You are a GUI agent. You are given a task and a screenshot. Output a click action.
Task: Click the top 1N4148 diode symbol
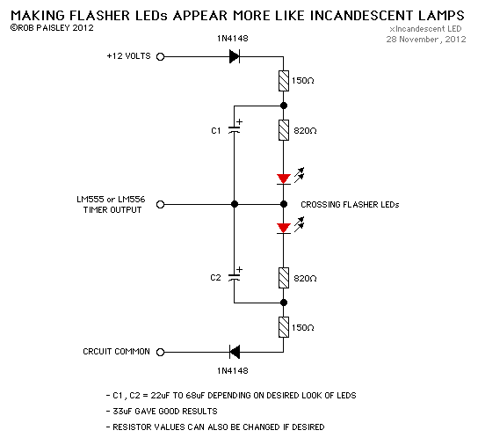click(x=234, y=56)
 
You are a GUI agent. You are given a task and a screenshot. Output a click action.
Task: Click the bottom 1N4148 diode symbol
click(x=234, y=352)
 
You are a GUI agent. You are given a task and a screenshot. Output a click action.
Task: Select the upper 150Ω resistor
click(x=283, y=82)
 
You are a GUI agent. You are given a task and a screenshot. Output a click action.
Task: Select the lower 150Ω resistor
click(x=283, y=326)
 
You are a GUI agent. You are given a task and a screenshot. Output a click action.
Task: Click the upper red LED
click(x=283, y=179)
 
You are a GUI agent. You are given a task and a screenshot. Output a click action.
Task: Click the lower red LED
click(x=283, y=229)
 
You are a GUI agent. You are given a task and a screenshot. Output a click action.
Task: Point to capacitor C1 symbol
click(x=235, y=129)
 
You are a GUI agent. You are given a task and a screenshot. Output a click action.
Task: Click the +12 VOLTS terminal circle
click(x=161, y=56)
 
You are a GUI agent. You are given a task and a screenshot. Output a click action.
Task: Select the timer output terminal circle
click(x=161, y=204)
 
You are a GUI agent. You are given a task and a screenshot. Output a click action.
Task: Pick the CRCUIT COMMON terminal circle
click(x=161, y=352)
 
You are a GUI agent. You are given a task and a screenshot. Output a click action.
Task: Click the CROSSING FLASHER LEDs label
click(x=350, y=204)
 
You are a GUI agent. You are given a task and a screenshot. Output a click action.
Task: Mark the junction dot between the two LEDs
click(x=283, y=204)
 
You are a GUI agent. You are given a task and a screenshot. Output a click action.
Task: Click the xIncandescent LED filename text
click(x=429, y=29)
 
